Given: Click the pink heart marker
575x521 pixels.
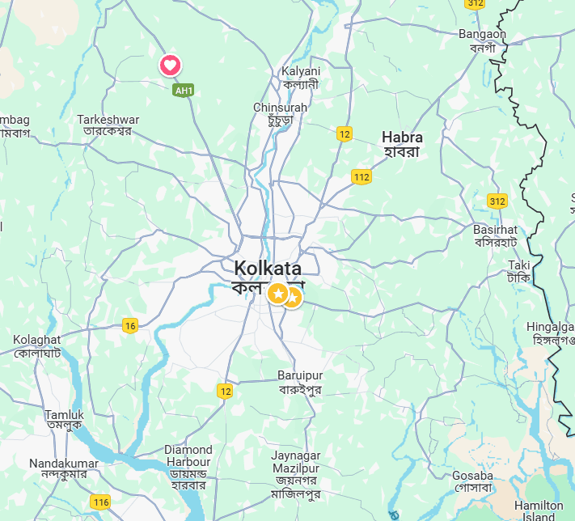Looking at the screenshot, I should click(x=170, y=66).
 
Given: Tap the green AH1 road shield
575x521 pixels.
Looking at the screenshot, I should click(x=184, y=91).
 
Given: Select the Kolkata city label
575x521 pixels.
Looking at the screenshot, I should click(x=268, y=269).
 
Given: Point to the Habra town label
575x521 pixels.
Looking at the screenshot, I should click(x=403, y=138).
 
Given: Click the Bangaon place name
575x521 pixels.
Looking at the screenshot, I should click(x=482, y=34).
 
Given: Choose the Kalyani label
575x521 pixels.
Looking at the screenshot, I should click(x=301, y=71).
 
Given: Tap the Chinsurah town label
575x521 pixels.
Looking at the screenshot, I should click(x=280, y=108).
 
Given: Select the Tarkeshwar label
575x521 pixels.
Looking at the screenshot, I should click(x=108, y=120).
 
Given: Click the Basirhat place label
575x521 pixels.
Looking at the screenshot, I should click(x=496, y=230).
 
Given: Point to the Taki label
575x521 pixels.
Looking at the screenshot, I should click(x=518, y=265).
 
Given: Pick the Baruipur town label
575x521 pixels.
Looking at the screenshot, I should click(x=300, y=376).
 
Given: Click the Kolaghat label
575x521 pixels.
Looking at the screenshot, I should click(x=37, y=340).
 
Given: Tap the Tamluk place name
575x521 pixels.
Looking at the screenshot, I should click(x=64, y=415).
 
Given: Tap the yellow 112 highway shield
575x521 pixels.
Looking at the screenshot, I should click(x=361, y=177).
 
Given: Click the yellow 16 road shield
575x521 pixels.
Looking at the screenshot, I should click(x=129, y=326).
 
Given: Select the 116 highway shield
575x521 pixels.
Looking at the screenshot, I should click(x=100, y=502).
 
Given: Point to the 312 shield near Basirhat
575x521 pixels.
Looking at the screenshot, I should click(x=497, y=200).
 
